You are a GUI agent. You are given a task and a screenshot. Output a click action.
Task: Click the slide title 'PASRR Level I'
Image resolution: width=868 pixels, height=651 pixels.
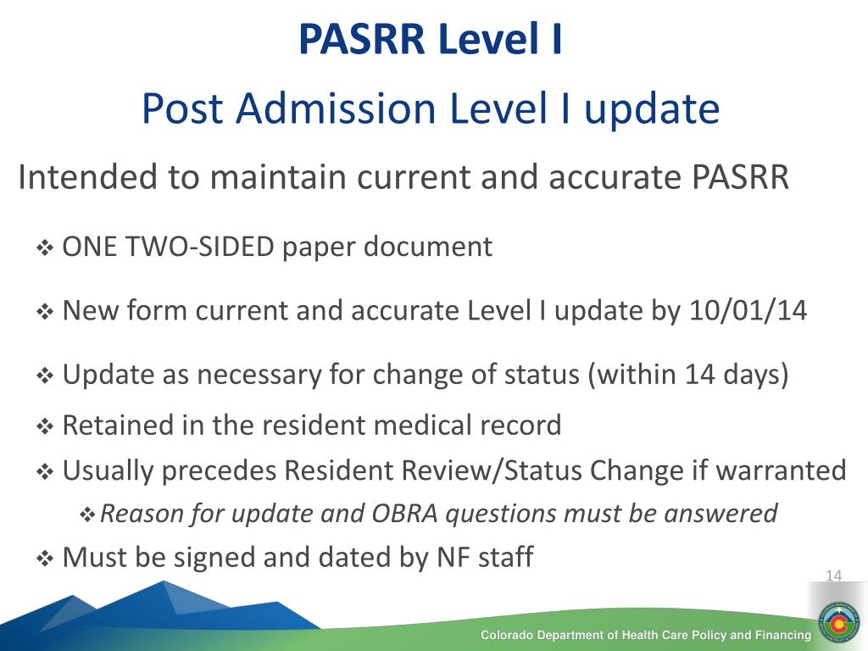pos(431,40)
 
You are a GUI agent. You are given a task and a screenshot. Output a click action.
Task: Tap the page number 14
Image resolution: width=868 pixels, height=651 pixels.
pos(833,576)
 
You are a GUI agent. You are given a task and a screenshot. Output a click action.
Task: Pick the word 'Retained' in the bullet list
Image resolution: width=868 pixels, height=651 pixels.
pos(118,425)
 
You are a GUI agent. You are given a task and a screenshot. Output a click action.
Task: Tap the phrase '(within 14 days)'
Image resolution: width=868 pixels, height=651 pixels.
pos(687,375)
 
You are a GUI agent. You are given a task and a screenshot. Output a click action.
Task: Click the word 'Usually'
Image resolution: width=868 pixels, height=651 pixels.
pos(108,470)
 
